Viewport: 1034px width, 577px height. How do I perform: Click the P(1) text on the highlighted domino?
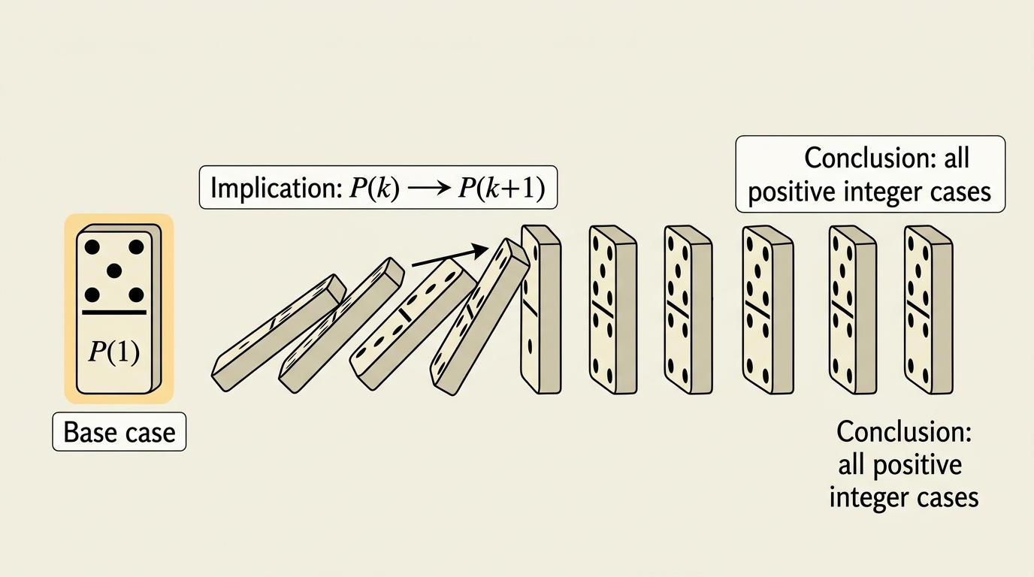[x=113, y=352]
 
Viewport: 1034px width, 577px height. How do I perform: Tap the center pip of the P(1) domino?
[x=113, y=270]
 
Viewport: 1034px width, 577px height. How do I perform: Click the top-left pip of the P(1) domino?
[x=92, y=247]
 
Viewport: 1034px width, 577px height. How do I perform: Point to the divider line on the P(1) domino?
[x=114, y=313]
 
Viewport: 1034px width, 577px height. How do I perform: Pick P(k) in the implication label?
[x=373, y=188]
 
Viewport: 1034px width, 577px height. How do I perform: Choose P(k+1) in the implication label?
[x=501, y=188]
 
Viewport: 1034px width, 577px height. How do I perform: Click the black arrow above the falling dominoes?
[x=450, y=256]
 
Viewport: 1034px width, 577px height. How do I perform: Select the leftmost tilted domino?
[x=279, y=333]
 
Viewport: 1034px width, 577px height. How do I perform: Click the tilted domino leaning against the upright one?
[x=480, y=316]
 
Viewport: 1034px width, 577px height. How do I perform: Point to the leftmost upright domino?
[x=541, y=310]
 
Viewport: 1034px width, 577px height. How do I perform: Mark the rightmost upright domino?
[x=928, y=310]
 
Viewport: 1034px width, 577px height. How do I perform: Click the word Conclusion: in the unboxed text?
[x=904, y=432]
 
